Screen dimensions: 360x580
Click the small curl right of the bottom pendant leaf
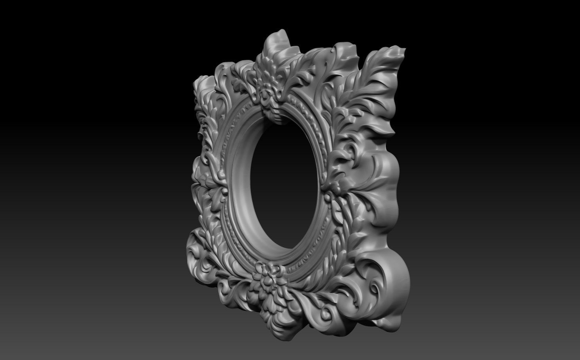point(325,313)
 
